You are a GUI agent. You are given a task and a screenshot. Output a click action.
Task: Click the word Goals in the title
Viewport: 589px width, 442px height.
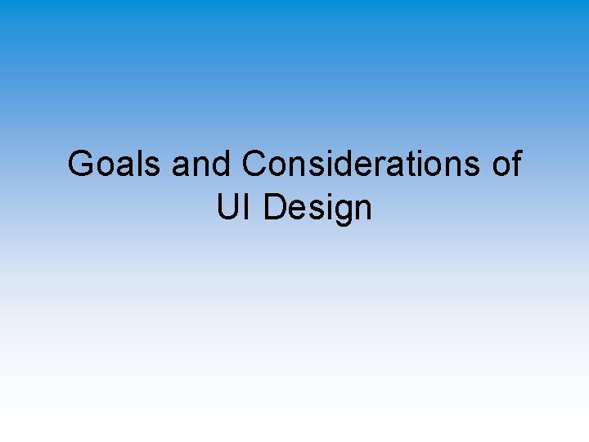click(115, 165)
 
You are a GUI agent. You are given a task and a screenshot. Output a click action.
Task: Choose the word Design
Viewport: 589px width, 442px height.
click(318, 210)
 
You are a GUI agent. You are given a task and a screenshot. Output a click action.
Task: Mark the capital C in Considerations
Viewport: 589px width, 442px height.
click(255, 165)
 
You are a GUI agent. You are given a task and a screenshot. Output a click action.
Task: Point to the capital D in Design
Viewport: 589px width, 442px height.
click(275, 208)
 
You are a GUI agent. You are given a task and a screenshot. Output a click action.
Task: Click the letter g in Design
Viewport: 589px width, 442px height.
click(344, 212)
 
